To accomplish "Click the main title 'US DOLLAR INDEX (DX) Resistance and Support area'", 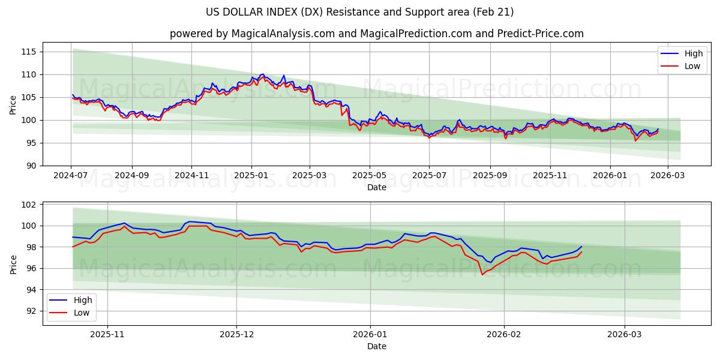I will (359, 12).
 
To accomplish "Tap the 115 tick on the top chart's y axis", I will (29, 52).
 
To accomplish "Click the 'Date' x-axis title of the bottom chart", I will (376, 346).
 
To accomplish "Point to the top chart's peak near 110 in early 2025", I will (263, 74).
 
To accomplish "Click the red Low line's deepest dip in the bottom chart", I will (482, 275).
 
